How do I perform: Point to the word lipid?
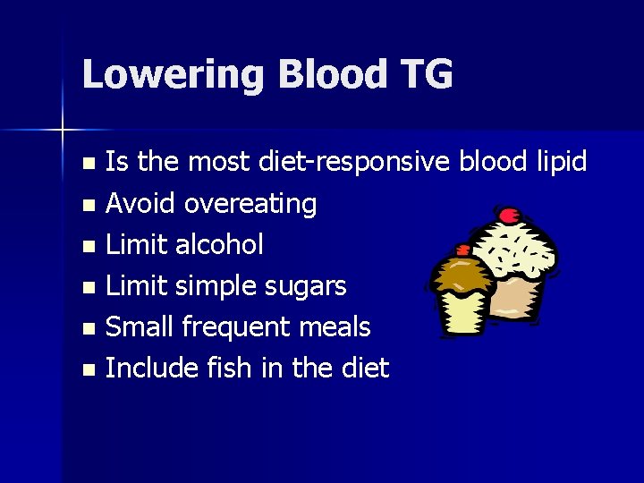[x=560, y=162]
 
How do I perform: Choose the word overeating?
[x=250, y=204]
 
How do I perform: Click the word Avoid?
[x=141, y=204]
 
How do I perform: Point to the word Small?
[x=140, y=327]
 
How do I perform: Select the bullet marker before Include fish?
[x=87, y=369]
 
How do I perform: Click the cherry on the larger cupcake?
[x=510, y=215]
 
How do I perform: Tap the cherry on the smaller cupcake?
[x=463, y=251]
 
